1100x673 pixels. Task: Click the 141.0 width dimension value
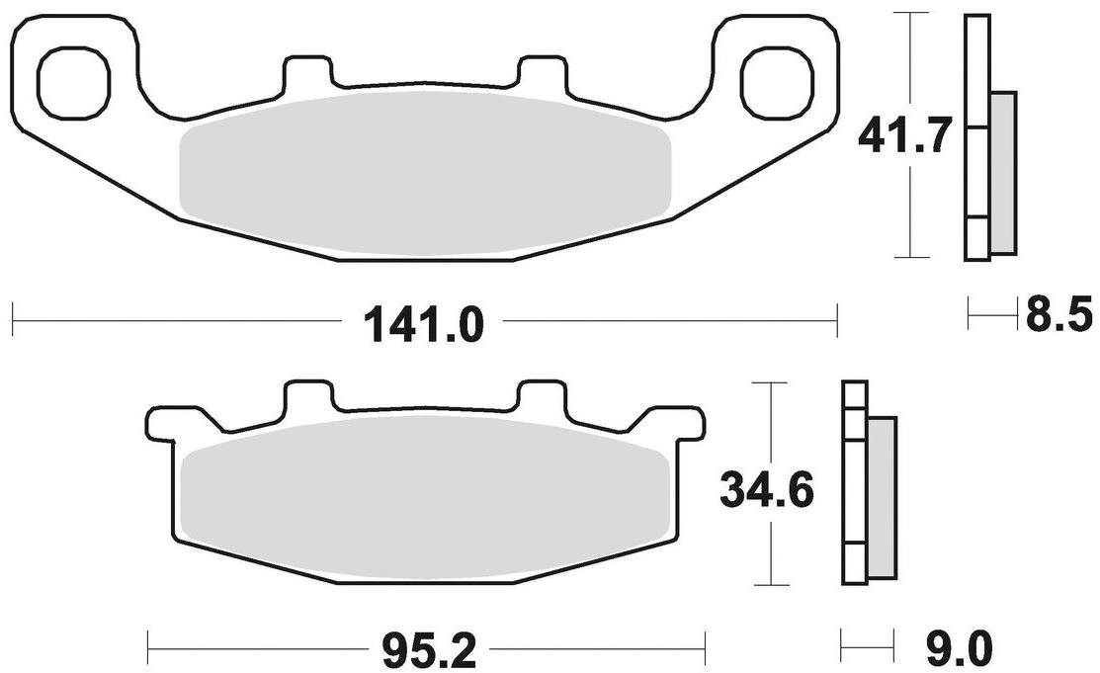[424, 323]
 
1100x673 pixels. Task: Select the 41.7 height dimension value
[904, 135]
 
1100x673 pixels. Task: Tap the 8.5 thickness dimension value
[1058, 317]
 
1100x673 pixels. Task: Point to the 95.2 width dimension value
[426, 651]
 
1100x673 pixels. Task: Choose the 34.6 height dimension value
[766, 491]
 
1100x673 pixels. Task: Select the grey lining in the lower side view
[882, 498]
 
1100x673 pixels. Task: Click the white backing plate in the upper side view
[976, 138]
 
